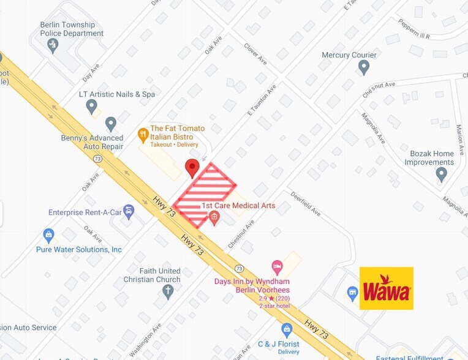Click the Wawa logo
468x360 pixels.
pyautogui.click(x=386, y=288)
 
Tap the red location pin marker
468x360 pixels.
pyautogui.click(x=192, y=167)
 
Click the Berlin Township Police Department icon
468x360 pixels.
pyautogui.click(x=53, y=44)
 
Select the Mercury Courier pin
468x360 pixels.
pyautogui.click(x=364, y=66)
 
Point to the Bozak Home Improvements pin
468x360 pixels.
pyautogui.click(x=441, y=174)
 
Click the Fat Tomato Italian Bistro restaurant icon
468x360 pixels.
pyautogui.click(x=143, y=133)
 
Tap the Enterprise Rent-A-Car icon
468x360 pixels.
pyautogui.click(x=129, y=212)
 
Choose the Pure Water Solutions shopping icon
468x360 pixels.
pyautogui.click(x=49, y=235)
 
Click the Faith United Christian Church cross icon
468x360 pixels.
pyautogui.click(x=168, y=291)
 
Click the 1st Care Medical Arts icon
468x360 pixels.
pyautogui.click(x=214, y=217)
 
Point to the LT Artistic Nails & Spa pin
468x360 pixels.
pyautogui.click(x=92, y=107)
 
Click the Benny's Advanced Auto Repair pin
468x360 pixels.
pyautogui.click(x=111, y=124)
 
